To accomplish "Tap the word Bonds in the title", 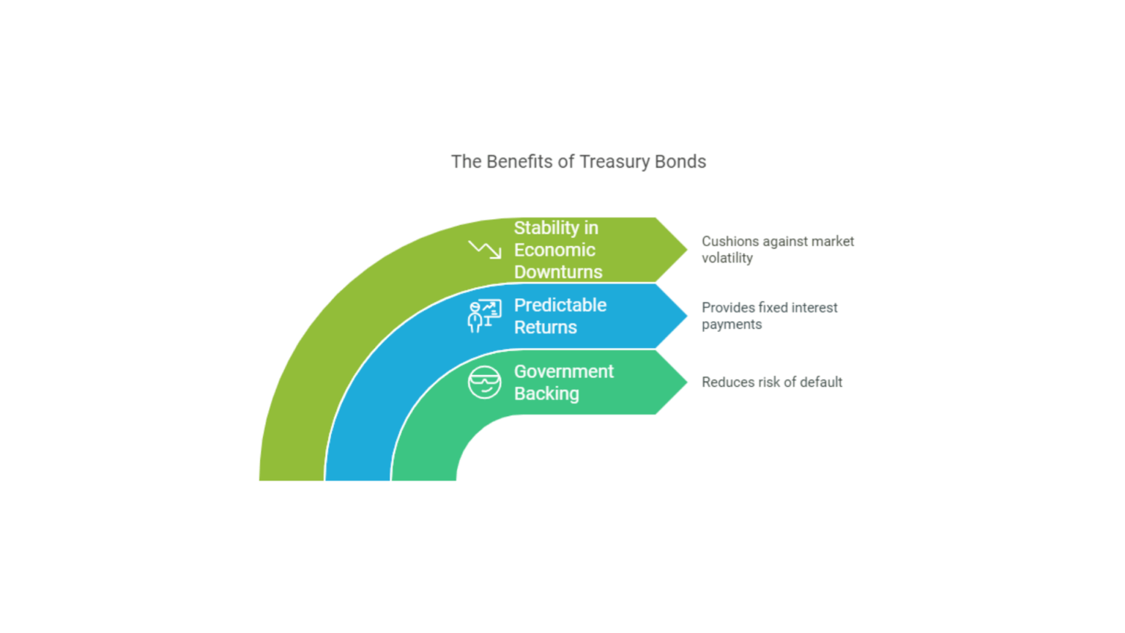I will [680, 162].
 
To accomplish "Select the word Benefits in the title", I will [519, 162].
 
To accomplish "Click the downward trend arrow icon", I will [485, 250].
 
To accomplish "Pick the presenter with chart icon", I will [484, 316].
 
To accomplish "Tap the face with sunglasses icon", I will [484, 382].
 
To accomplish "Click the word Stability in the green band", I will [546, 228].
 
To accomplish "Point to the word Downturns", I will [558, 272].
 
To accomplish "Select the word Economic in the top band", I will [554, 250].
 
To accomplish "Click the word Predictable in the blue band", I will [560, 305].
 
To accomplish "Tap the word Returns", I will [546, 327].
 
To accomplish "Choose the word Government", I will [564, 371].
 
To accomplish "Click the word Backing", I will [546, 393].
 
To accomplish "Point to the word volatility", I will [727, 258].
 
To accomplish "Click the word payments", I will [732, 325].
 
